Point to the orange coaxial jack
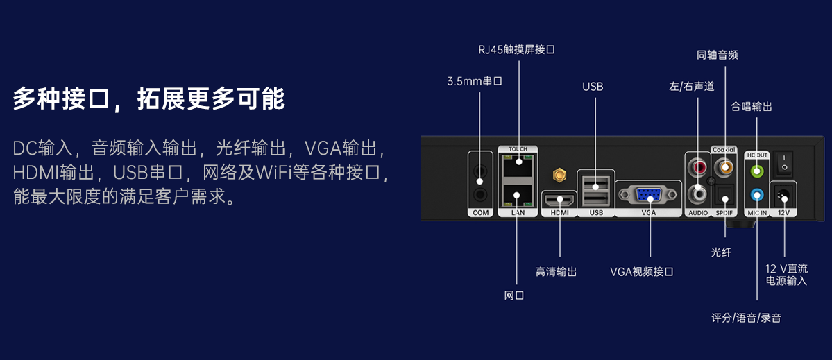tap(726, 167)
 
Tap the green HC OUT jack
tap(757, 170)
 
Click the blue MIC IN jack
tap(757, 195)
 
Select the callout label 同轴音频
tap(717, 55)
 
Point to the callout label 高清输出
tap(557, 272)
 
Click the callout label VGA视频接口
tap(642, 272)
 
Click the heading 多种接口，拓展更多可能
tap(148, 98)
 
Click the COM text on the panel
tap(480, 212)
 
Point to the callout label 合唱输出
tap(752, 107)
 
